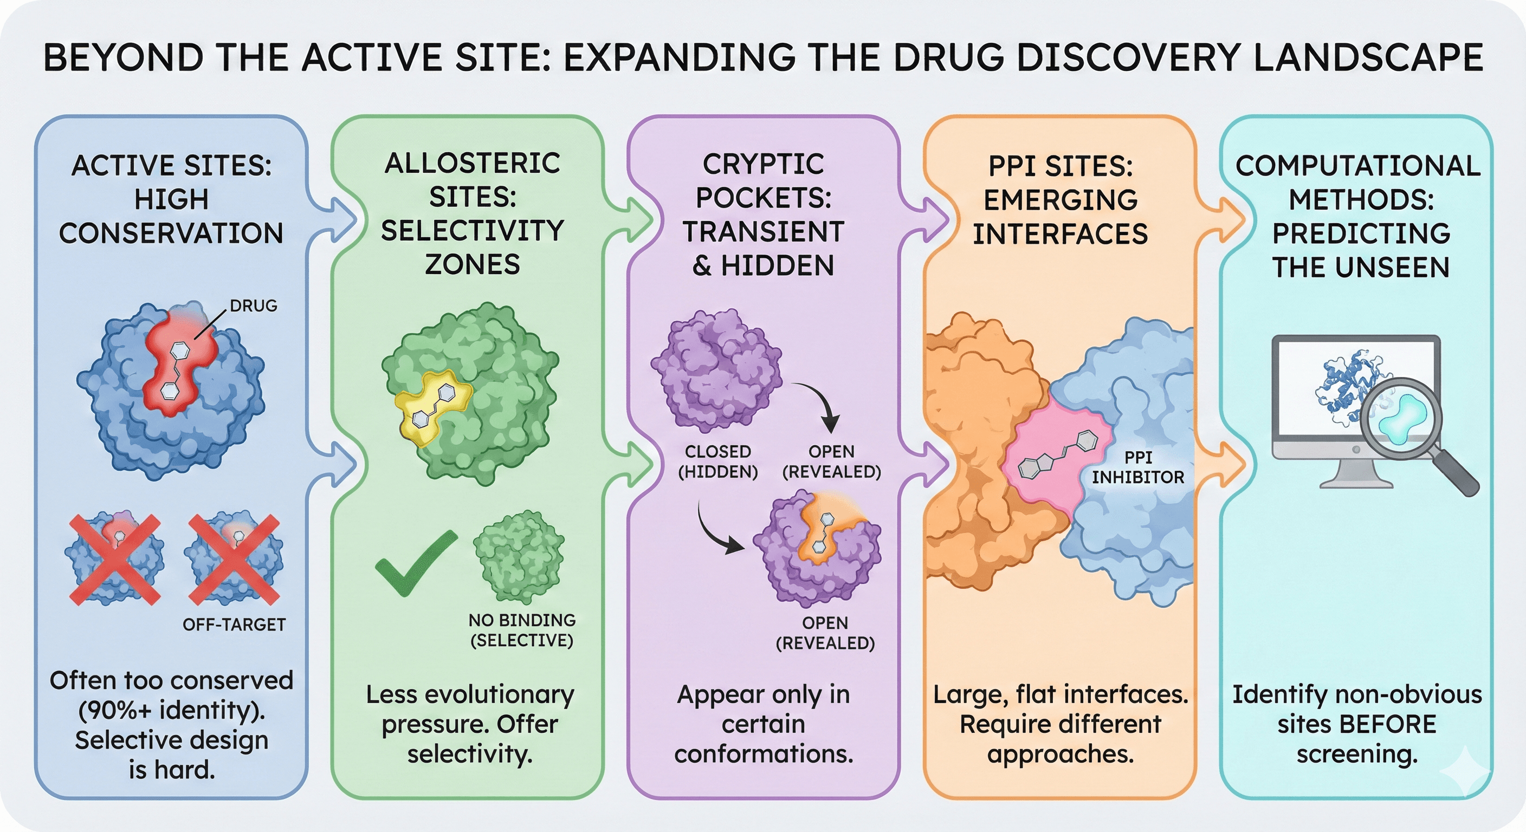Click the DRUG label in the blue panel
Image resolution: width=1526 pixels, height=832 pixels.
click(253, 305)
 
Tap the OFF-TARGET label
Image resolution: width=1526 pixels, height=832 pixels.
click(234, 624)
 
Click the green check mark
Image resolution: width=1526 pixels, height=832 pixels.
click(415, 563)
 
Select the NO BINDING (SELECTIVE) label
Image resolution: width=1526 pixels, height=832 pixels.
click(521, 630)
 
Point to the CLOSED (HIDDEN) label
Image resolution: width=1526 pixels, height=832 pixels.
click(718, 461)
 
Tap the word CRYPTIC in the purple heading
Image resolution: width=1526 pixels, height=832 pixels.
click(763, 164)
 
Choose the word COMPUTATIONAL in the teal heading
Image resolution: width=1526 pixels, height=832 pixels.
click(1358, 166)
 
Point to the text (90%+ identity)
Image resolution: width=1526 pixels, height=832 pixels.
click(172, 710)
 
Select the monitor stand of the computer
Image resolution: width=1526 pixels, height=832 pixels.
click(1355, 474)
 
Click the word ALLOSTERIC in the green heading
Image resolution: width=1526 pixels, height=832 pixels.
click(472, 164)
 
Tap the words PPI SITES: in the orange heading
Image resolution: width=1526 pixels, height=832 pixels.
click(1061, 166)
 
